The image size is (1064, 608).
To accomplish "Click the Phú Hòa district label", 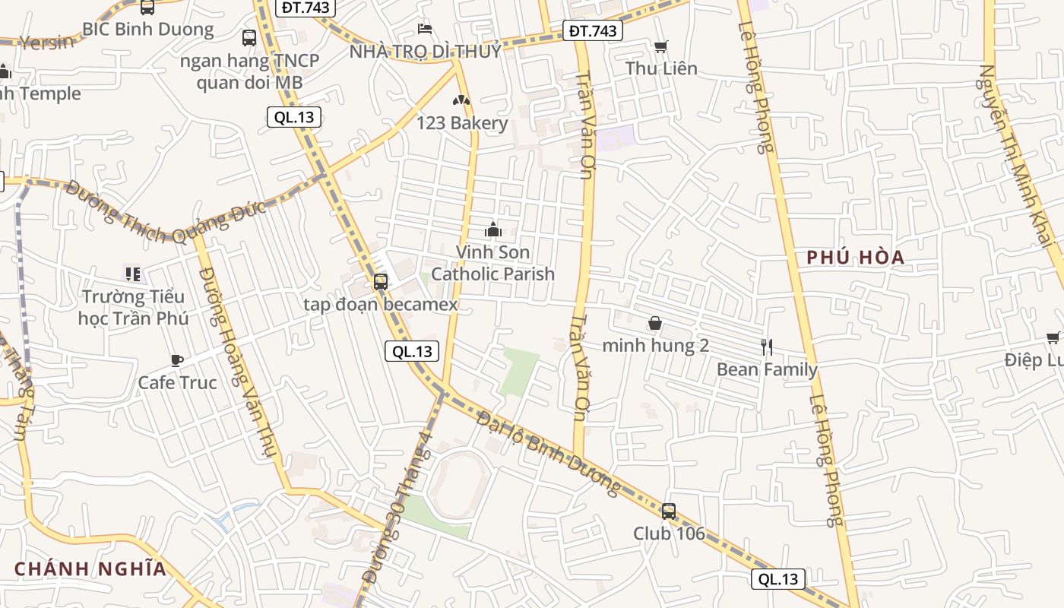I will [x=856, y=258].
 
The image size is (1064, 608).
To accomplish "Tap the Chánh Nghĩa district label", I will [x=90, y=568].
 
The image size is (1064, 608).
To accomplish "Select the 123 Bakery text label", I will [x=462, y=123].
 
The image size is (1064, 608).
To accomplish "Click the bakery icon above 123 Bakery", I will [x=461, y=100].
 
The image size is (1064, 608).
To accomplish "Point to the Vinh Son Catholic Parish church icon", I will [x=492, y=229].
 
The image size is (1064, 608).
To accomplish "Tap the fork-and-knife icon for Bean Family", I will [x=767, y=347].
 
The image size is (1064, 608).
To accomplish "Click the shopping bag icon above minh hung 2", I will [x=655, y=324].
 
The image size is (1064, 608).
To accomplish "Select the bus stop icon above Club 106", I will [x=669, y=511].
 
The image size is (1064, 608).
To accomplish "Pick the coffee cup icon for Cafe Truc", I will [x=176, y=360].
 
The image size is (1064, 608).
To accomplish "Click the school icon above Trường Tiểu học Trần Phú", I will [x=132, y=274].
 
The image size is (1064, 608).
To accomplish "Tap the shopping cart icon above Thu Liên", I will [x=661, y=46].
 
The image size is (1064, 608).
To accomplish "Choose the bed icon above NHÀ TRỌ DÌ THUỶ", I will [x=425, y=29].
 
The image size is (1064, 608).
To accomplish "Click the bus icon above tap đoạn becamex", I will [x=381, y=282].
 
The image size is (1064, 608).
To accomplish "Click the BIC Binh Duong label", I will [x=148, y=30].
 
